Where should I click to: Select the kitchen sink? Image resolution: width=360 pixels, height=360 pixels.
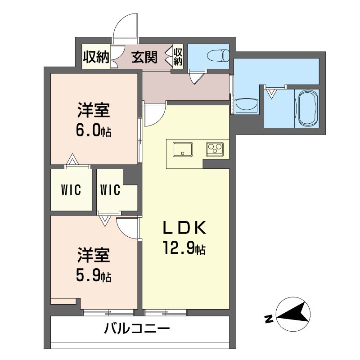coord(183,149)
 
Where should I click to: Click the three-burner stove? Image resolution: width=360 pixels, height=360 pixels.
coord(215,149)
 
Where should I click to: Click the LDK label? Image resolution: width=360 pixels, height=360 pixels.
coord(184,228)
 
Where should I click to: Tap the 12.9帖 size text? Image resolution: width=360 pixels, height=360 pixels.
coord(184,247)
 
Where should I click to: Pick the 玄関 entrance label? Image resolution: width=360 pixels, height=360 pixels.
coord(144,57)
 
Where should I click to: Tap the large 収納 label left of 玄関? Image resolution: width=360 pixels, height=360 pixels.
coord(96,57)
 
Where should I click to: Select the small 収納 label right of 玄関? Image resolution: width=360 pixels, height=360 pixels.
coord(178,57)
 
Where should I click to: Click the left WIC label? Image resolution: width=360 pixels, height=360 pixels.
coord(71,190)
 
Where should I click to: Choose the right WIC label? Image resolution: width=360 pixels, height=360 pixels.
coord(110,190)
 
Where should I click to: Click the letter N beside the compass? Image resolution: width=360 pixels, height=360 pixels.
coord(269,319)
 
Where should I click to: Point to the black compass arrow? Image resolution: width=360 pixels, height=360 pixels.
coord(293,314)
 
